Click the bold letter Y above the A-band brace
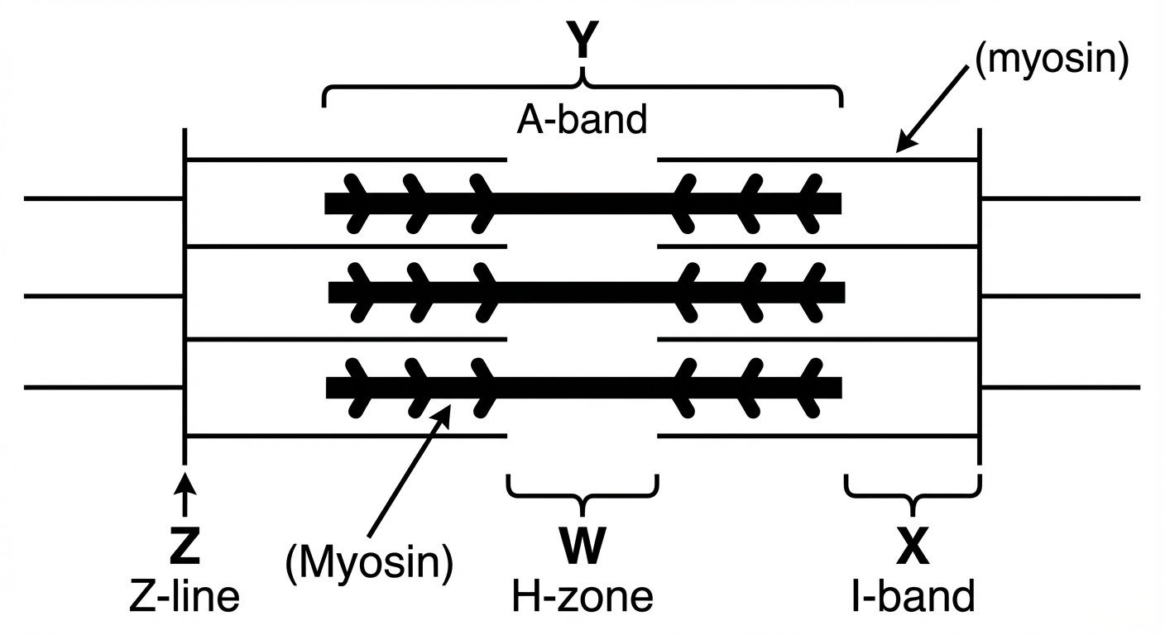(582, 40)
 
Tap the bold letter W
(582, 546)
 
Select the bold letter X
(913, 546)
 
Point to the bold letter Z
(185, 546)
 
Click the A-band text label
(582, 120)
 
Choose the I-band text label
(913, 596)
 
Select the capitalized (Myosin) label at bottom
(369, 564)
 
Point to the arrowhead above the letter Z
(185, 483)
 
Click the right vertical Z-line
(980, 296)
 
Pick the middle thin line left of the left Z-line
(103, 296)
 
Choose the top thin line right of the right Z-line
(1061, 198)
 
